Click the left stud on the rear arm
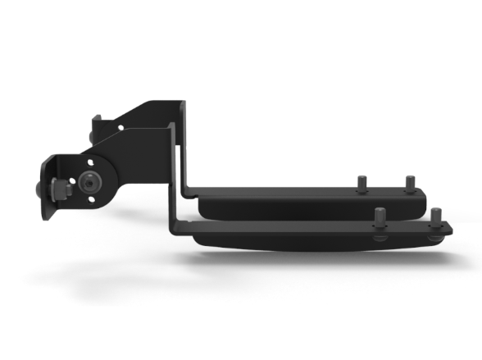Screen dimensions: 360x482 pos(359,184)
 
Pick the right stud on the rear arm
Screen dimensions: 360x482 pos(408,182)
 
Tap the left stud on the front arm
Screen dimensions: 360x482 pos(380,218)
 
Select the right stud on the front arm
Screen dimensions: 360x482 pos(434,217)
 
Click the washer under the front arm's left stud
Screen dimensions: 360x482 pos(380,238)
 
